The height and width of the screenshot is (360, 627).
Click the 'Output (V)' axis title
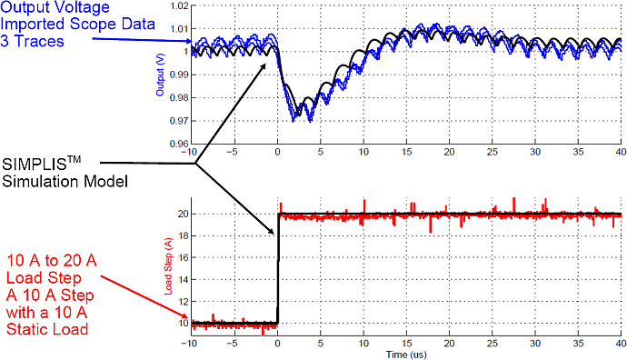click(160, 75)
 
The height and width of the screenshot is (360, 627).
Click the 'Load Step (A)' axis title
click(168, 266)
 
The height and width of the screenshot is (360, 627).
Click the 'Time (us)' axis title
click(406, 355)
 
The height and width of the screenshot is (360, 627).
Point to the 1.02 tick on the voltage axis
click(179, 6)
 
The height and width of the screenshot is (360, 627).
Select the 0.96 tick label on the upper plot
click(179, 144)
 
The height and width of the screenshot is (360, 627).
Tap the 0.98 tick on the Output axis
click(179, 97)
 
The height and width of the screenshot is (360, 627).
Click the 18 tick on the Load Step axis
click(184, 236)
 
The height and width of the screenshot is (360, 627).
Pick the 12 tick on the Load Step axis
click(184, 301)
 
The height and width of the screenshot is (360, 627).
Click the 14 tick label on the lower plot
click(184, 280)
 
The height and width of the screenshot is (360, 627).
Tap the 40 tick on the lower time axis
click(621, 344)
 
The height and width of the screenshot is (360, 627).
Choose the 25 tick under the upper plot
click(493, 152)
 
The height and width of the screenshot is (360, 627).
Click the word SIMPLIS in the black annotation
click(34, 165)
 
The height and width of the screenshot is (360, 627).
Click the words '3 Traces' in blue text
click(32, 42)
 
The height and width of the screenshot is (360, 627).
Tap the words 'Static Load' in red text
click(47, 330)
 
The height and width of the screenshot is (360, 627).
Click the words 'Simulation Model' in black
click(65, 182)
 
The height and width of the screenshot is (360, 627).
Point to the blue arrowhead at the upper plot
click(188, 41)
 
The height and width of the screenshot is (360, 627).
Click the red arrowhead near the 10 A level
click(184, 315)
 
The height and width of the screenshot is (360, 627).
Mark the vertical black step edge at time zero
click(278, 268)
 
